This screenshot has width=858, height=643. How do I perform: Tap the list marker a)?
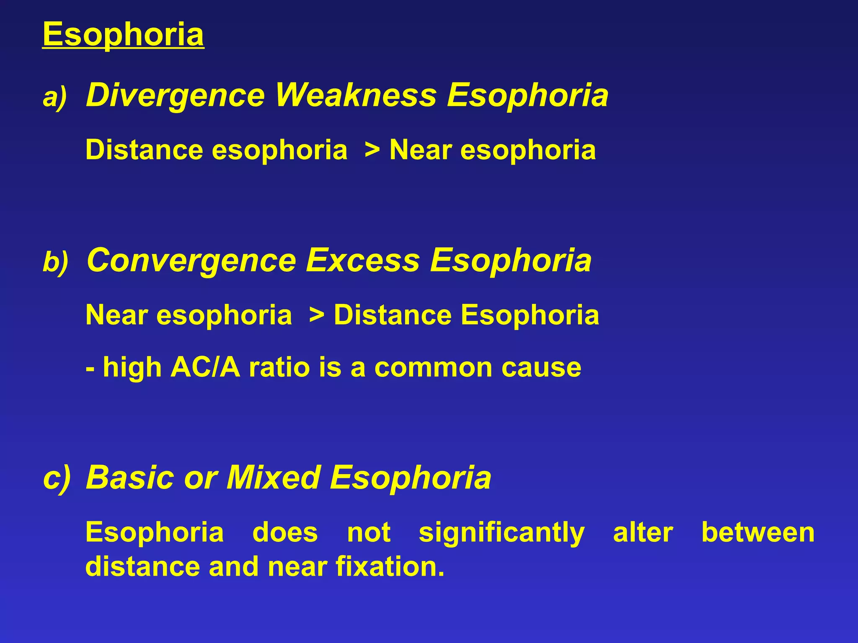pyautogui.click(x=55, y=98)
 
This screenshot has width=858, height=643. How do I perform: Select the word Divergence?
pyautogui.click(x=175, y=96)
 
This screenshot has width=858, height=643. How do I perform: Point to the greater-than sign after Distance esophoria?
pyautogui.click(x=372, y=150)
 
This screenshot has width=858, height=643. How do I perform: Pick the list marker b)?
pyautogui.click(x=55, y=262)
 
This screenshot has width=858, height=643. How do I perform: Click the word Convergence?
pyautogui.click(x=191, y=260)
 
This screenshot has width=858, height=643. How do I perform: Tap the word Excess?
pyautogui.click(x=363, y=260)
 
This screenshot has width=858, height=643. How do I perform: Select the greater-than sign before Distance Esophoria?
pyautogui.click(x=316, y=315)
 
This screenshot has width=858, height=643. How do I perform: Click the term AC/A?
pyautogui.click(x=205, y=368)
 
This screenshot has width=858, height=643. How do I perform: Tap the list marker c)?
pyautogui.click(x=57, y=478)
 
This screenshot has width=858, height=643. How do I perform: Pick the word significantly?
pyautogui.click(x=501, y=533)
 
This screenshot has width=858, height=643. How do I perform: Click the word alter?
pyautogui.click(x=643, y=532)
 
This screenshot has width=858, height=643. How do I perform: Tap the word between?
pyautogui.click(x=758, y=532)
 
